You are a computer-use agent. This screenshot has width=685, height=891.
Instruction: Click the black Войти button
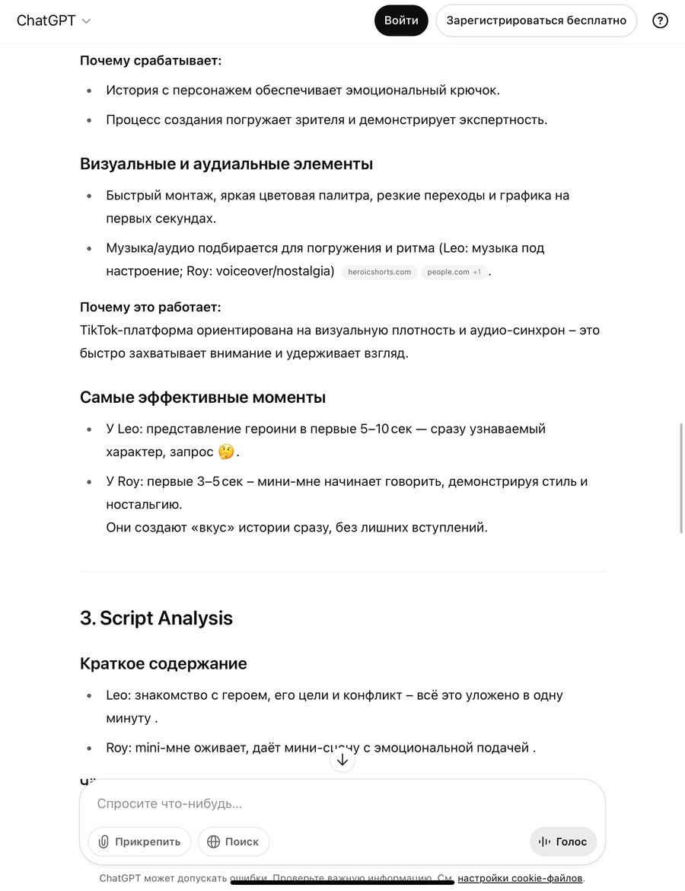tap(401, 21)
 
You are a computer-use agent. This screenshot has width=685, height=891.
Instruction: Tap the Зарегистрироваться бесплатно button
tap(536, 21)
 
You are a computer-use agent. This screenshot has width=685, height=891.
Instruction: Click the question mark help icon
tap(660, 21)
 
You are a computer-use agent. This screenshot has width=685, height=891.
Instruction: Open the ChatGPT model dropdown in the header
tap(53, 21)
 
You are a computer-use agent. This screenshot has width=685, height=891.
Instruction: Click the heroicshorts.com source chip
tap(380, 272)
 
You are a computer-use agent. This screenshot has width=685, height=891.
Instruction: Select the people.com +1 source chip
tap(454, 272)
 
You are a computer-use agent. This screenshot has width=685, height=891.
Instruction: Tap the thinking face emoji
tap(226, 452)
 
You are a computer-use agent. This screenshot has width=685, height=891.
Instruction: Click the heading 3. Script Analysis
tap(156, 618)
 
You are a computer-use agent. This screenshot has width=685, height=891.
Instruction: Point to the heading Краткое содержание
tap(163, 663)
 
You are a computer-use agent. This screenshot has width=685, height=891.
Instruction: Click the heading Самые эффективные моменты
tap(202, 397)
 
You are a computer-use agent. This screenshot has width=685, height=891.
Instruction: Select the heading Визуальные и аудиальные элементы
tap(226, 164)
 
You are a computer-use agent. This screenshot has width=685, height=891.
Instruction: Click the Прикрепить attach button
tap(140, 841)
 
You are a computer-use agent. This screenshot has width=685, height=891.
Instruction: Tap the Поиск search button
tap(234, 841)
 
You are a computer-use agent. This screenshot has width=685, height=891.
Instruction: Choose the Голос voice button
tap(563, 841)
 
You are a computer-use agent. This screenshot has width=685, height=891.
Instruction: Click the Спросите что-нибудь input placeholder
tap(170, 803)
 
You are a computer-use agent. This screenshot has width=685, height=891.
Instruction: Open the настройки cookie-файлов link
tap(520, 878)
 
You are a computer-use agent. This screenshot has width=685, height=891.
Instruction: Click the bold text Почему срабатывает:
tap(151, 60)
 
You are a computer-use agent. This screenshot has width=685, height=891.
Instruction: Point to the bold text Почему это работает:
tap(151, 307)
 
